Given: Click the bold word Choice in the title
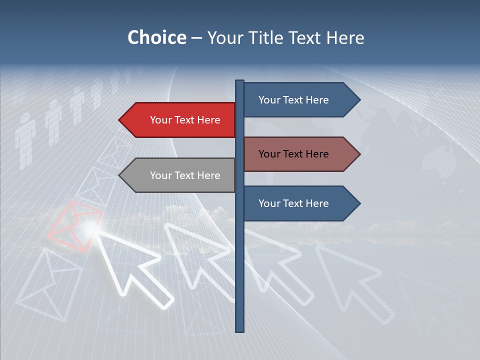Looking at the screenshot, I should tap(156, 37).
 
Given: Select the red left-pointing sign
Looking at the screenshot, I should tap(180, 120).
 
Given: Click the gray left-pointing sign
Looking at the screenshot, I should tap(180, 175).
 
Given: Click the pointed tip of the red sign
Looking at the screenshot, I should tap(120, 120).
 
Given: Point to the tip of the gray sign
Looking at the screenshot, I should tap(120, 175).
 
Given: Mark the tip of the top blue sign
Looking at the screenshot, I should tap(358, 100).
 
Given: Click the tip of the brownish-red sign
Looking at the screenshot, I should tap(358, 154).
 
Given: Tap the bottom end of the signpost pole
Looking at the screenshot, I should tap(240, 330).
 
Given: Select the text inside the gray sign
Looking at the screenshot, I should tap(185, 175).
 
